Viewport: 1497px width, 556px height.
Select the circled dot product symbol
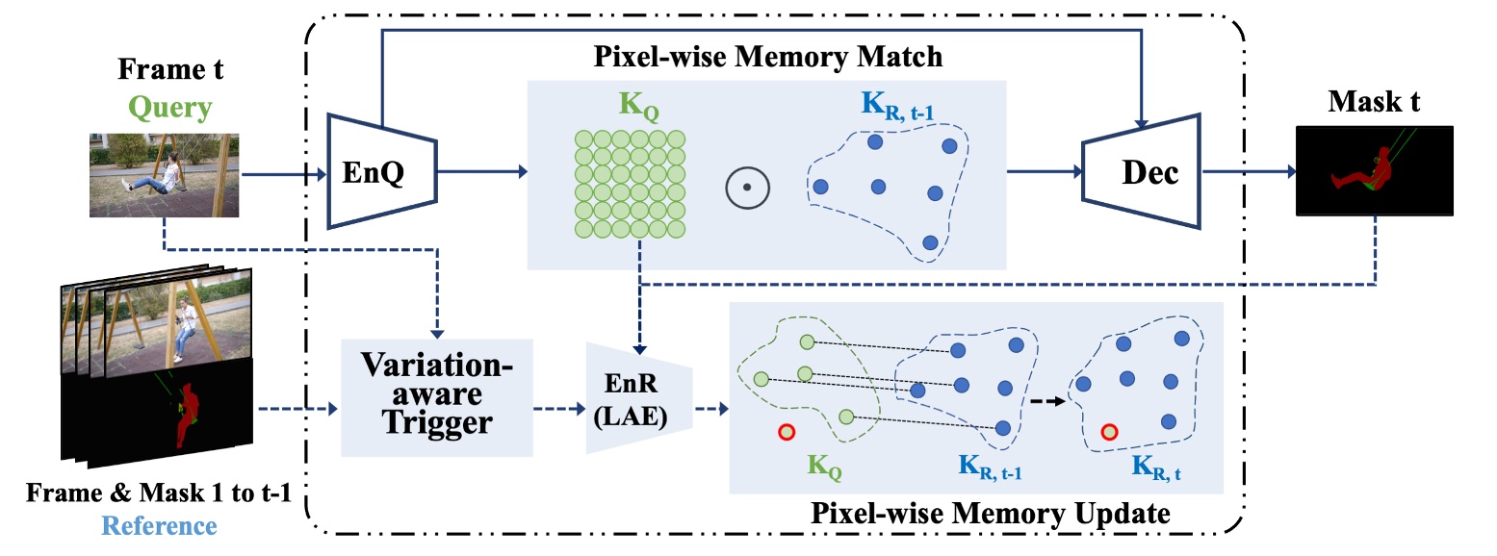click(x=746, y=188)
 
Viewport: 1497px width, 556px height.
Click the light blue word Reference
click(x=159, y=525)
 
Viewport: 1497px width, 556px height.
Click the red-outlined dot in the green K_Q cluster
click(x=787, y=432)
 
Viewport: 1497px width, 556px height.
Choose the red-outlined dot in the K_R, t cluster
click(x=1109, y=432)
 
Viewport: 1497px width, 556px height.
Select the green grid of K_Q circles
click(x=630, y=183)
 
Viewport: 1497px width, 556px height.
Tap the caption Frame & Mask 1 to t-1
click(x=160, y=495)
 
